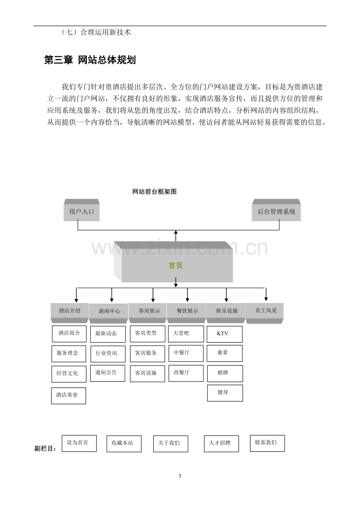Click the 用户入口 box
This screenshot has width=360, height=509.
[81, 210]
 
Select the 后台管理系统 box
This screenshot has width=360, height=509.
[276, 210]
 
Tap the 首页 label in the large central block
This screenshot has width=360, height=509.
[175, 265]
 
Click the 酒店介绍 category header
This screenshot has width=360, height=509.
[69, 313]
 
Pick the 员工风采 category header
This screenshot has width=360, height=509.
[265, 313]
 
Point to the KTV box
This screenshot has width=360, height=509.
[225, 334]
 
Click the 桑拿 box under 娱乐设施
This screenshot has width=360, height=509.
[225, 353]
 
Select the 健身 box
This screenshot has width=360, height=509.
[225, 393]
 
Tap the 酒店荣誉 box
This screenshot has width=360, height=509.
[68, 396]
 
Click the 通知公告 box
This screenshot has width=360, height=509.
[108, 373]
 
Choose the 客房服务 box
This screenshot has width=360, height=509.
[148, 354]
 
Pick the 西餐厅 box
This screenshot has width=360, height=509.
[186, 373]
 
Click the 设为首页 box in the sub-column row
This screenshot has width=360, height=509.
[79, 443]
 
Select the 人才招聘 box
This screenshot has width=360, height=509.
[221, 444]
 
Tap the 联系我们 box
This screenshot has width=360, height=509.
[267, 443]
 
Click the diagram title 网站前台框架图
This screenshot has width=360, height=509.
[154, 192]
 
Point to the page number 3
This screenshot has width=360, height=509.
[180, 476]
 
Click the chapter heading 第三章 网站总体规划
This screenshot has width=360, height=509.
[90, 60]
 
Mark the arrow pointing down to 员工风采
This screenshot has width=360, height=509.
[266, 294]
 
